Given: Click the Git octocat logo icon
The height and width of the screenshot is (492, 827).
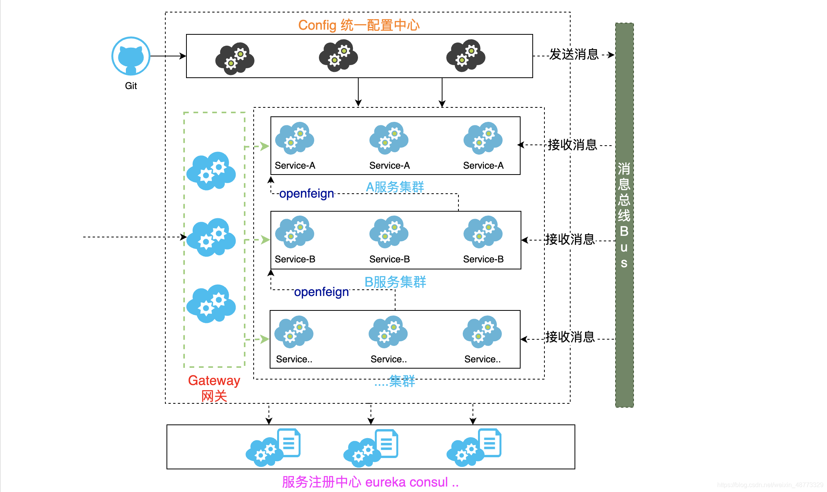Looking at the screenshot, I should click(131, 56).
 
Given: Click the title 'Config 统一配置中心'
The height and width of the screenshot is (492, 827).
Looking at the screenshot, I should click(358, 25).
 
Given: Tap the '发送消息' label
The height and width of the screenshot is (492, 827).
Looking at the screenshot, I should click(574, 54).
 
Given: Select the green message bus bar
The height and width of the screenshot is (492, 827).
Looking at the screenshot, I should click(624, 215).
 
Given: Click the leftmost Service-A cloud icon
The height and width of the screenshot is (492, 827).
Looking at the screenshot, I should click(294, 138).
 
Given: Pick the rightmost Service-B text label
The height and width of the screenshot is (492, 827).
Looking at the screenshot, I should click(483, 259).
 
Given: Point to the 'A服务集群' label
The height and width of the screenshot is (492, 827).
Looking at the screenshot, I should click(395, 187).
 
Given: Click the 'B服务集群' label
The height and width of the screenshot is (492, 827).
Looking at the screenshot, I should click(395, 282).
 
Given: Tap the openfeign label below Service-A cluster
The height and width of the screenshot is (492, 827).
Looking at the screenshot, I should click(306, 194).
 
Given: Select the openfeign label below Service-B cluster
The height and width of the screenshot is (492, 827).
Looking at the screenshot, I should click(321, 292).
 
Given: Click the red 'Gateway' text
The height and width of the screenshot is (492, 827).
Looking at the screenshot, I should click(214, 380).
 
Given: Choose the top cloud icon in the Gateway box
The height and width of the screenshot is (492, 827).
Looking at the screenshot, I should click(211, 171).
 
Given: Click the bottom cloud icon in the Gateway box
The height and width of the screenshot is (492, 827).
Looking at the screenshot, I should click(211, 304).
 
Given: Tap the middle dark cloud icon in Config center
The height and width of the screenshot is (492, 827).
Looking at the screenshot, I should click(338, 55).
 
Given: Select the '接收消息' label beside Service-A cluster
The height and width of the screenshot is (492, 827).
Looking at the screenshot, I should click(572, 145).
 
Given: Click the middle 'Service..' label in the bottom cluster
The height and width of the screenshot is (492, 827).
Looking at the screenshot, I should click(388, 359).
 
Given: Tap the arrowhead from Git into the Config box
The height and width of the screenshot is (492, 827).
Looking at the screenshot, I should click(183, 56).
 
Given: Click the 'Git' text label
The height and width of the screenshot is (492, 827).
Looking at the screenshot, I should click(131, 86).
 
